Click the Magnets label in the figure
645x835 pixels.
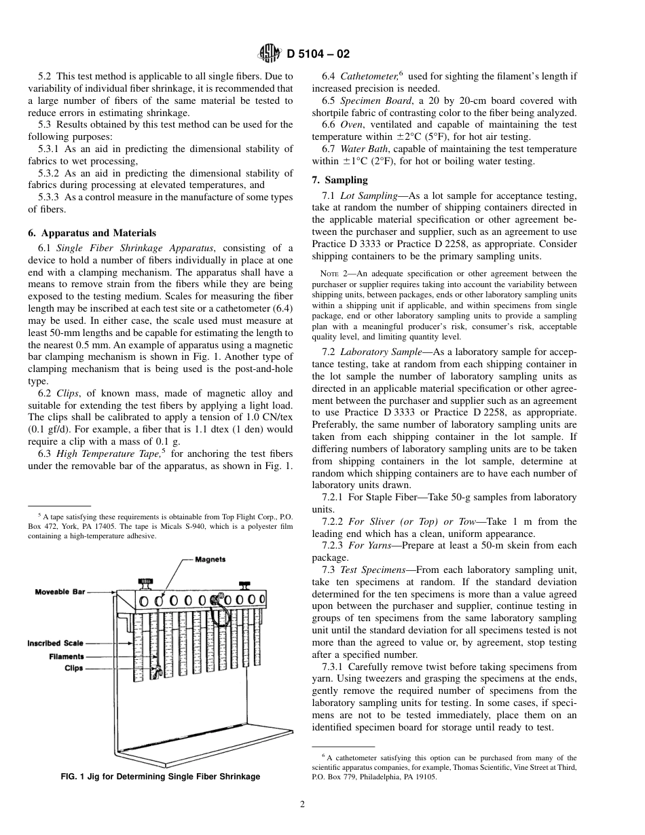click(210, 559)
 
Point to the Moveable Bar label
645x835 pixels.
click(60, 592)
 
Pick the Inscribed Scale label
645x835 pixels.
click(55, 643)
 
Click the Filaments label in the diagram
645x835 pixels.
click(66, 656)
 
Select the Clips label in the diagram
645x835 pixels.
click(73, 668)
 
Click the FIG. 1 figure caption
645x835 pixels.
click(160, 777)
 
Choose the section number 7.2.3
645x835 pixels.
click(333, 545)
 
